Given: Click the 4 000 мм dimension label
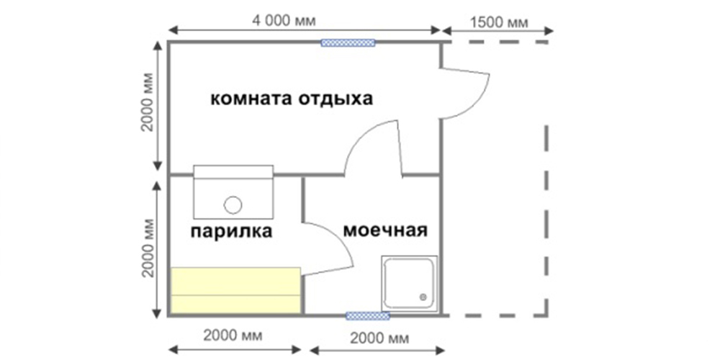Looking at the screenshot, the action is (x=285, y=21).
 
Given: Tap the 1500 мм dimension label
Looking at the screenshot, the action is (x=500, y=22).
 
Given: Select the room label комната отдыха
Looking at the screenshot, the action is (x=292, y=99).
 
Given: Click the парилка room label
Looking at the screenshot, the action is (x=231, y=231).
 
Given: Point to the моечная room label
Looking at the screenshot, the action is (x=386, y=230).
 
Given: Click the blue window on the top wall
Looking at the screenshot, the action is (x=348, y=42).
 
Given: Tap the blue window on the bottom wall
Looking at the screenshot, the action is (x=367, y=316).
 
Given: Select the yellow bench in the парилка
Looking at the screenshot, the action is (x=236, y=290).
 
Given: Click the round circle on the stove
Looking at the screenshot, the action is (x=233, y=204).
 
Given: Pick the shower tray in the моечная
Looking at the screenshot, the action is (x=409, y=283).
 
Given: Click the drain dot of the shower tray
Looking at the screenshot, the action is (x=423, y=297).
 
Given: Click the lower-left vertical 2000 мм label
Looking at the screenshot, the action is (x=148, y=247).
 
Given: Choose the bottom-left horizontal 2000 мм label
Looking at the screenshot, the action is (x=233, y=336).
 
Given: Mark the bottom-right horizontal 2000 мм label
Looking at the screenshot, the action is (x=379, y=339).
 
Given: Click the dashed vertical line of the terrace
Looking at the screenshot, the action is (x=546, y=220).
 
